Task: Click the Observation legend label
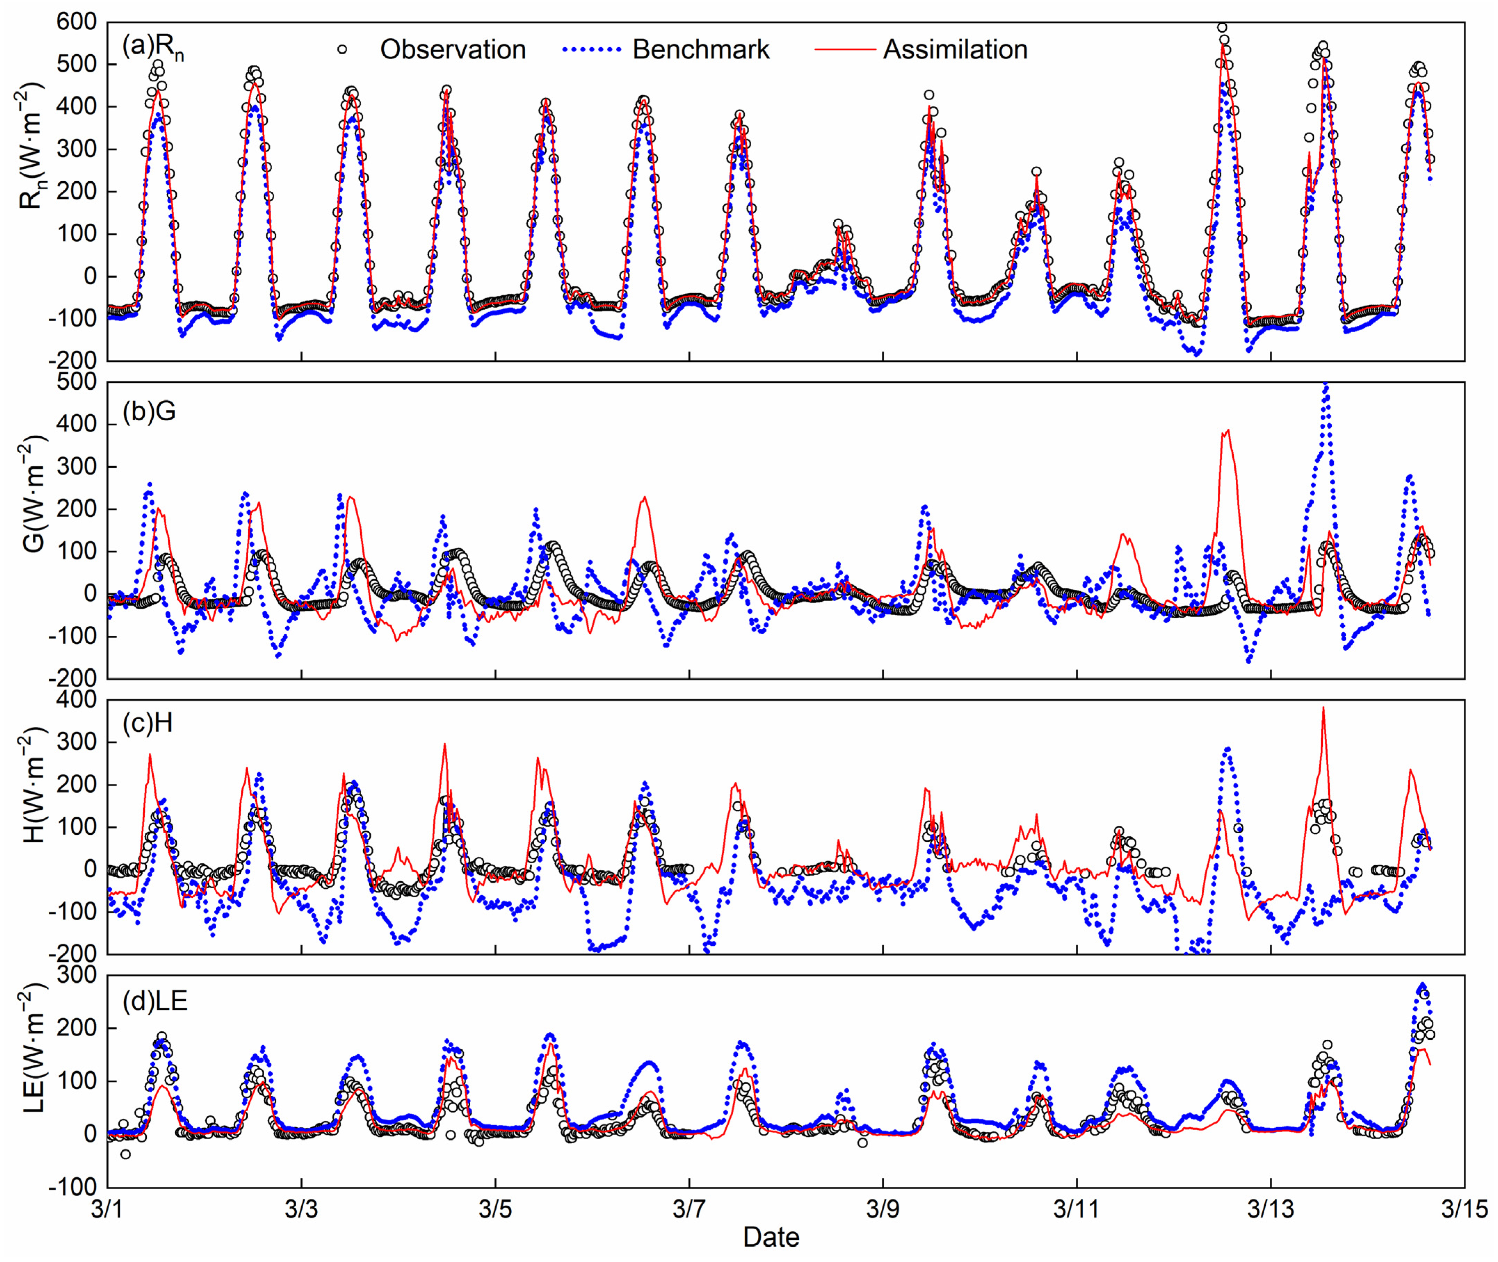tap(452, 49)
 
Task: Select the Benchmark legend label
tap(701, 49)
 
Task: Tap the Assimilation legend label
tap(955, 49)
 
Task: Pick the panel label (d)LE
tap(154, 1000)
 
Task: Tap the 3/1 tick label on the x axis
tap(107, 1208)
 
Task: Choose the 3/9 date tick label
tap(883, 1208)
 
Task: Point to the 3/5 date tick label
tap(495, 1208)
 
